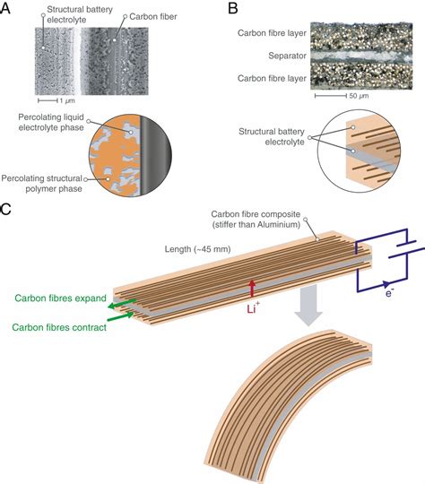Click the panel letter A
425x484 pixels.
[x=8, y=9]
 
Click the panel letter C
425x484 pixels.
[x=8, y=211]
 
